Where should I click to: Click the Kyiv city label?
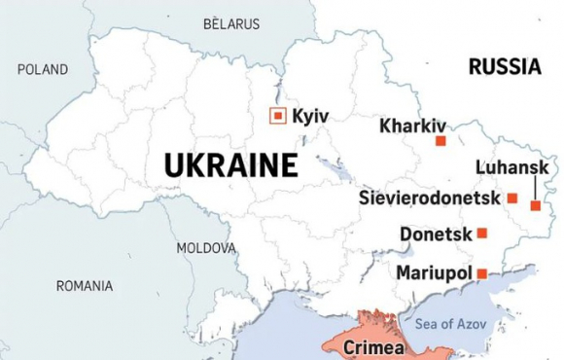[x=310, y=117]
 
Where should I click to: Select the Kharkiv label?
[x=412, y=126]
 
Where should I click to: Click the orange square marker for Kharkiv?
[x=441, y=141]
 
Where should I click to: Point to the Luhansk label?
[x=511, y=167]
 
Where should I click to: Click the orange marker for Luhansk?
[x=535, y=205]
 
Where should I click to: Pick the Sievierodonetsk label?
[x=429, y=198]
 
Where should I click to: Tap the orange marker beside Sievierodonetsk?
[x=511, y=198]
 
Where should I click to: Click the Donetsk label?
[x=436, y=234]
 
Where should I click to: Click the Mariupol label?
[x=434, y=272]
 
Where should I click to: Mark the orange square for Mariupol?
[x=481, y=273]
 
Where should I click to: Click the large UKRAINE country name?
[x=230, y=165]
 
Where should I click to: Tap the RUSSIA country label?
[x=505, y=67]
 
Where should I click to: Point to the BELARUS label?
[x=231, y=23]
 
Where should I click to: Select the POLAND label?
[x=43, y=69]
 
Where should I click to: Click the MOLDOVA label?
[x=206, y=248]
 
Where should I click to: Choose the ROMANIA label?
[x=85, y=286]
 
